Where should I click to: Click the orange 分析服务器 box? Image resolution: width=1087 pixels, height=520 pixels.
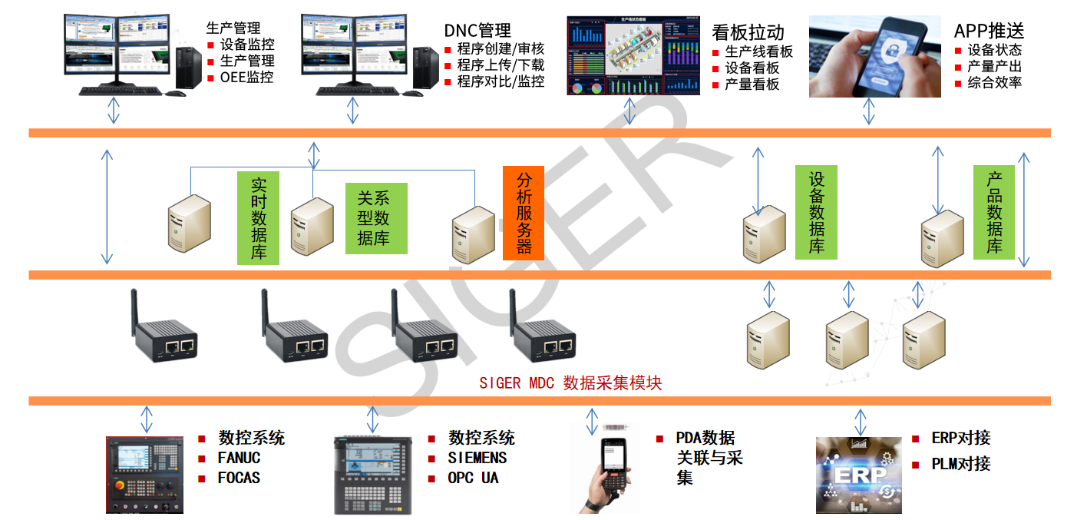524,213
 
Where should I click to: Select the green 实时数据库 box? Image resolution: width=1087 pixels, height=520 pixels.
258,217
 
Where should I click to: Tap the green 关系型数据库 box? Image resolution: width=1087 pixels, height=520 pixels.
376,218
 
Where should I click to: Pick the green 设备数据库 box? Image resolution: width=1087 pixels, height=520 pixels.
816,212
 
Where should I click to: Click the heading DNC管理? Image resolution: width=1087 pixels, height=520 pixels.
477,31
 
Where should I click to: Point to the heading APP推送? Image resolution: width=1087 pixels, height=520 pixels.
989,31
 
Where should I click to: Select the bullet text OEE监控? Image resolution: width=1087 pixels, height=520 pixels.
246,77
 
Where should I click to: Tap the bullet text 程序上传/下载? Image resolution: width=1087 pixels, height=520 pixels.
501,65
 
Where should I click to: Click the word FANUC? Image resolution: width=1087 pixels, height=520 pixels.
239,458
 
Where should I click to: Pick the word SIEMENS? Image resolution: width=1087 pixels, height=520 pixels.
477,458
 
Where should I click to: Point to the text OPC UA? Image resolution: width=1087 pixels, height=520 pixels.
473,478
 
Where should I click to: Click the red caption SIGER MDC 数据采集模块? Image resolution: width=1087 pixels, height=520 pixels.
570,383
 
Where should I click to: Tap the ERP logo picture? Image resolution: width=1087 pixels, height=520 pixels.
858,475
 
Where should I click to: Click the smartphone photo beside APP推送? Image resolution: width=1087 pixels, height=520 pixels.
864,58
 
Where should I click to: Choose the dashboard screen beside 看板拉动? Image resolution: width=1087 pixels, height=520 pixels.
633,55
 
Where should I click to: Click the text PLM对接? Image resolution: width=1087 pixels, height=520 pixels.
960,464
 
